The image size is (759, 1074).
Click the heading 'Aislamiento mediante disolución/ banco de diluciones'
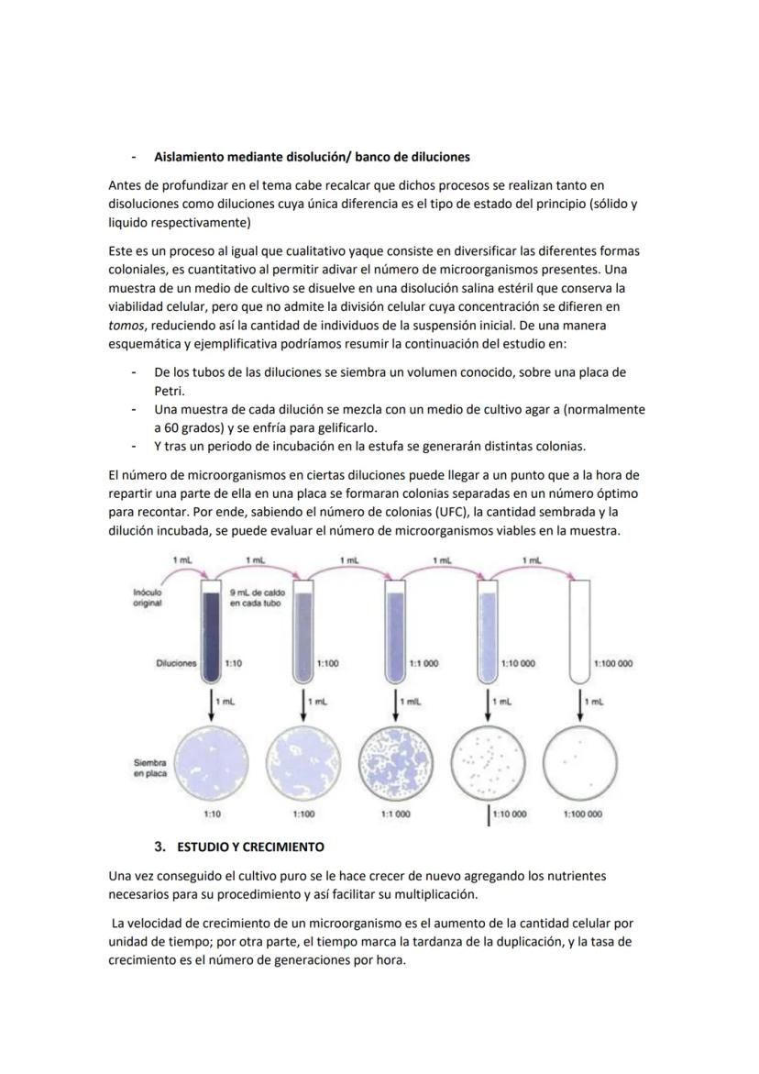[312, 157]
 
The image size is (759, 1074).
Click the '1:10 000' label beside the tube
[520, 663]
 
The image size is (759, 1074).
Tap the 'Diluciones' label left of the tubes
[176, 663]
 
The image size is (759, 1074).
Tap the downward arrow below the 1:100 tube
[303, 704]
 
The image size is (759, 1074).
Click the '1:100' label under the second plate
[303, 814]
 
